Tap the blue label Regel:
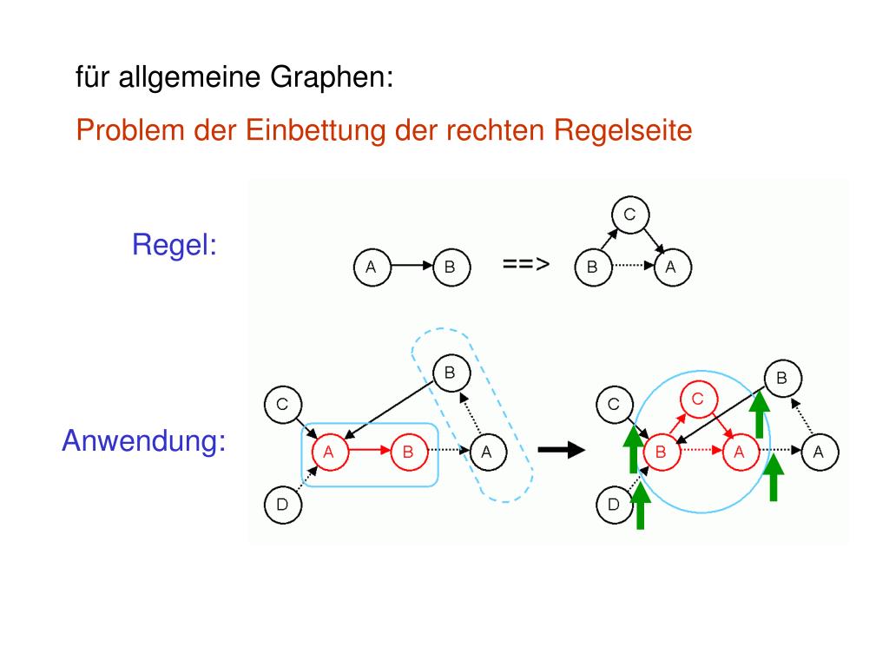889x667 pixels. (x=175, y=246)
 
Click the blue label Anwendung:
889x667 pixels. (x=144, y=440)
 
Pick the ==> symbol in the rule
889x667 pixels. (x=526, y=264)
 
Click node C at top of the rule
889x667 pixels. (x=630, y=215)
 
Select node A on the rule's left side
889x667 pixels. (x=372, y=267)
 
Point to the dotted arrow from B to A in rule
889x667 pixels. (x=633, y=266)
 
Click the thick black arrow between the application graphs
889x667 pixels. (x=562, y=451)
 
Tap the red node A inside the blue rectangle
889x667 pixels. (x=330, y=452)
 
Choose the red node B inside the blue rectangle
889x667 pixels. (x=409, y=452)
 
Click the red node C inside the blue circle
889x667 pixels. (x=699, y=400)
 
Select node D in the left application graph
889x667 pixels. (x=283, y=505)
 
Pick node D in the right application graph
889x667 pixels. (x=615, y=505)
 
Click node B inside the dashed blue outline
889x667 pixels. (x=451, y=373)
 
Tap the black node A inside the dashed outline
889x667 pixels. (x=488, y=452)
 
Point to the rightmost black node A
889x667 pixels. (x=820, y=452)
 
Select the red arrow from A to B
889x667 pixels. (x=370, y=451)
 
